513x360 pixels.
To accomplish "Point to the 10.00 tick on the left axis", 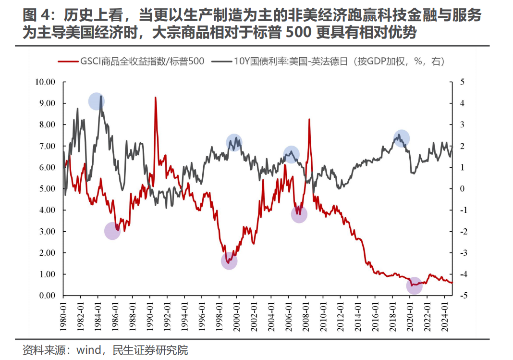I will click(x=46, y=82).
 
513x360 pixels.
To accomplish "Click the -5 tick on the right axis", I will click(x=463, y=295).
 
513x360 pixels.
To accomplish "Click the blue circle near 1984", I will click(x=97, y=101).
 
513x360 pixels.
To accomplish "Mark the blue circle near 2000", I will click(x=234, y=142).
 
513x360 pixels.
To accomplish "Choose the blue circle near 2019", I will click(x=401, y=138).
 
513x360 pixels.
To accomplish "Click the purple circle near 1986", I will click(x=112, y=231).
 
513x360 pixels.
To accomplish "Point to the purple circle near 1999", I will click(x=230, y=261).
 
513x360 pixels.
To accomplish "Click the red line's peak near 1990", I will click(x=155, y=98).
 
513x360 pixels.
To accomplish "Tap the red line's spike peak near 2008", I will click(x=309, y=120).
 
